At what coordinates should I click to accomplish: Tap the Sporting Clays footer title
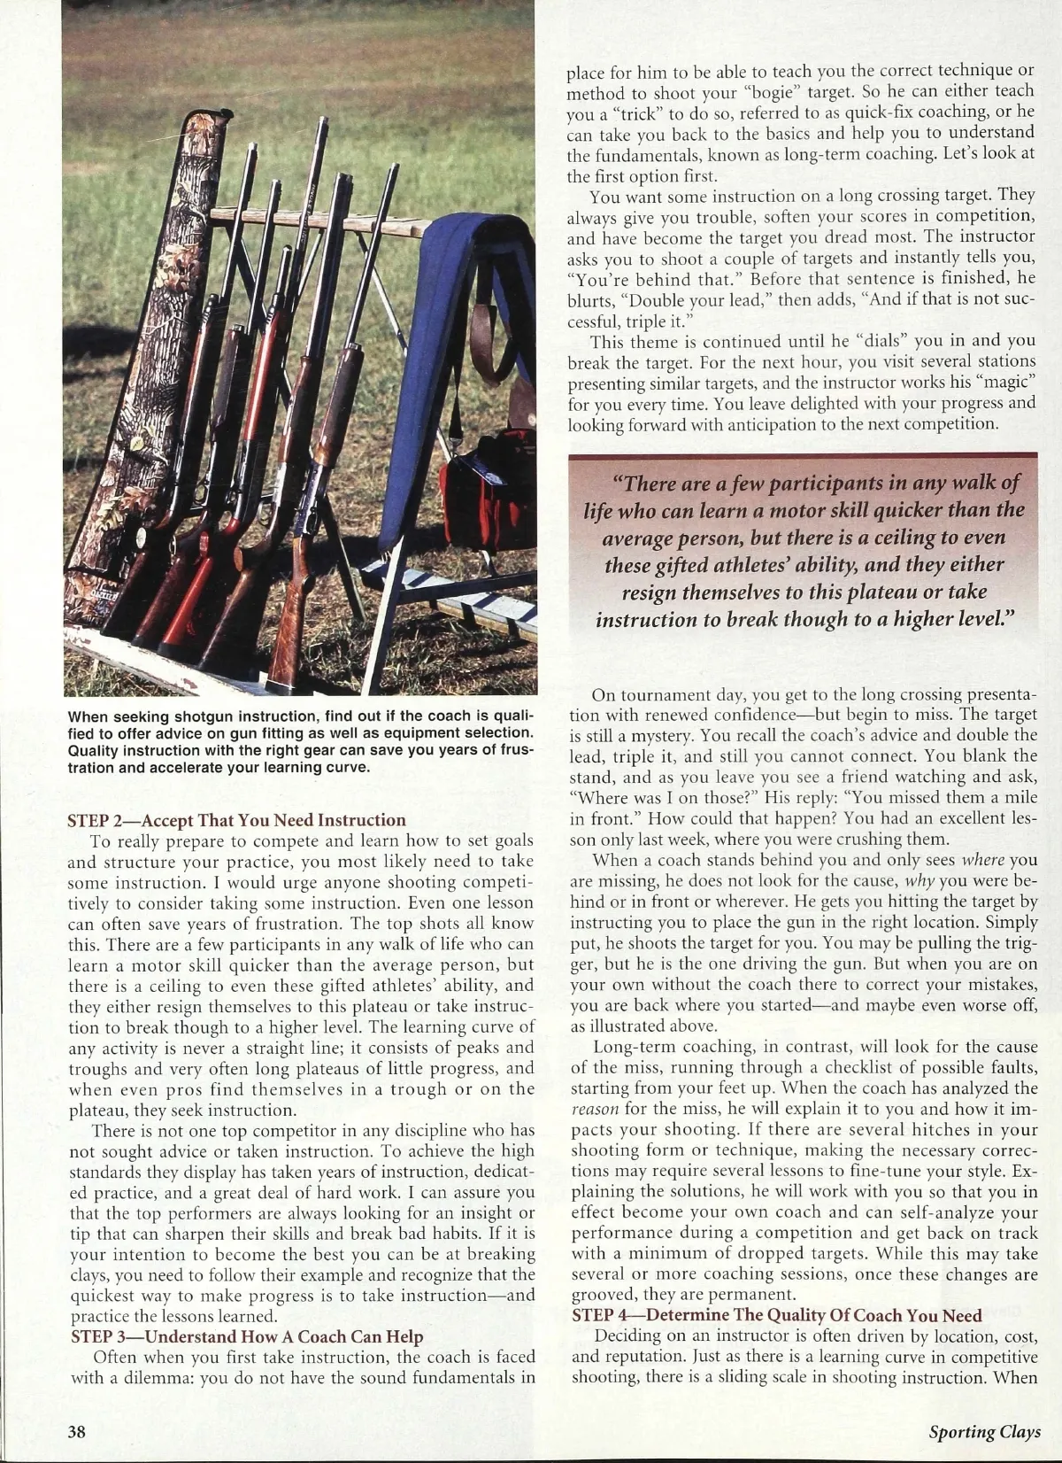tap(985, 1432)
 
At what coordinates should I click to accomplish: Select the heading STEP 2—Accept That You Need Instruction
tap(236, 820)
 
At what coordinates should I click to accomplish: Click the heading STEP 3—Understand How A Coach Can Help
tap(247, 1336)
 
